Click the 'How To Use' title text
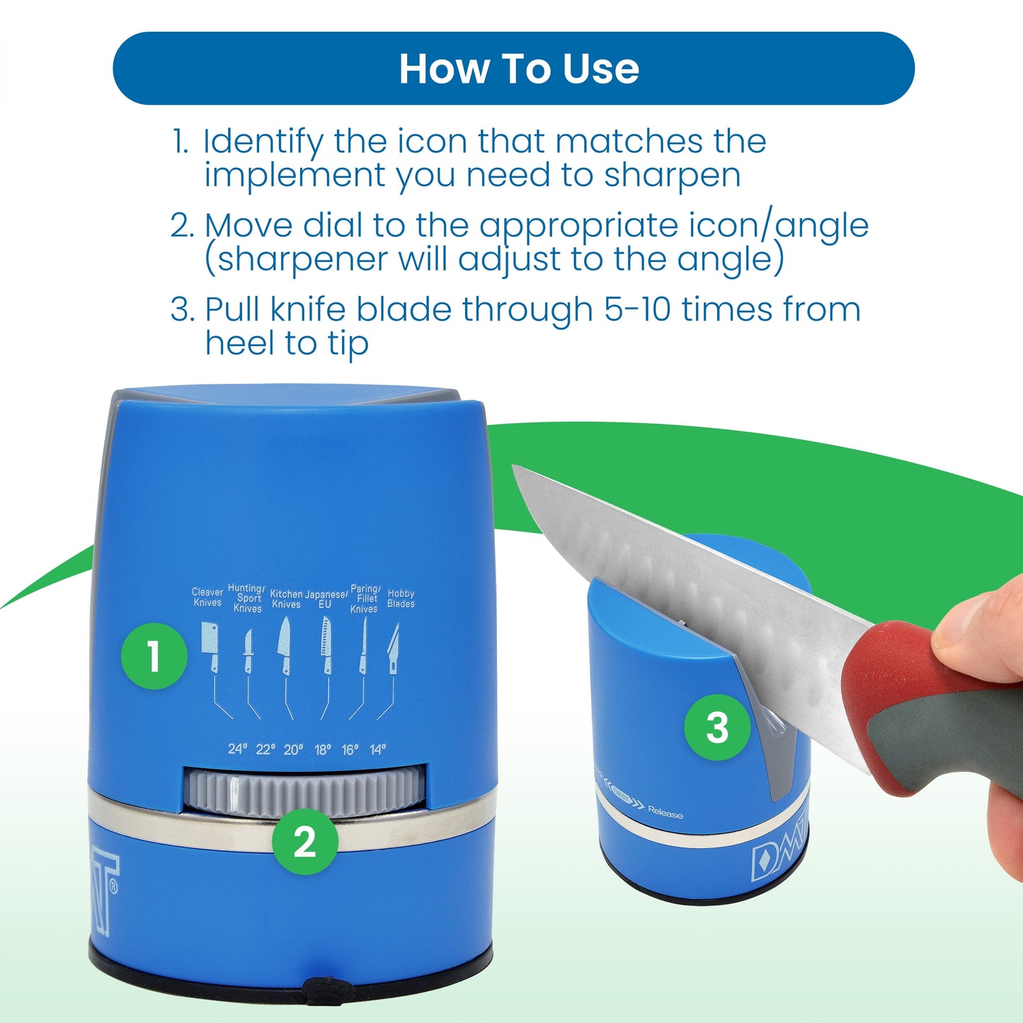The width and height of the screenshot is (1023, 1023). point(519,69)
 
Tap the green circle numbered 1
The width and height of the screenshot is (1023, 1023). point(154,656)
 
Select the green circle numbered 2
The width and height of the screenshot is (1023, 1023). point(305,842)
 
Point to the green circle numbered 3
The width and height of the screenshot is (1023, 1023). point(716,727)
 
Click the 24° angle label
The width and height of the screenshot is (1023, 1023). point(237,749)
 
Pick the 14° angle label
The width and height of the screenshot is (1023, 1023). point(378,749)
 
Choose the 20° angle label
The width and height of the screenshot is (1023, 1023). point(293,749)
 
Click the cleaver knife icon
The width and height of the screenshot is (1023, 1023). point(210,645)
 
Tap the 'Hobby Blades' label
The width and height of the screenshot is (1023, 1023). point(401,599)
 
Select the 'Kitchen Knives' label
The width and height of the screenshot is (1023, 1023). point(286,599)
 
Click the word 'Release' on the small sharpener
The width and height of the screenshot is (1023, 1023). point(665,813)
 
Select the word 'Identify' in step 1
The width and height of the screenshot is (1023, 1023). point(263,142)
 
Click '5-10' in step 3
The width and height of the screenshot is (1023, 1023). point(637,309)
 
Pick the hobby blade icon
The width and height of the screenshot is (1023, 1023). point(394,648)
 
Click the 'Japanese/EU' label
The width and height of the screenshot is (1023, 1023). point(326,600)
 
